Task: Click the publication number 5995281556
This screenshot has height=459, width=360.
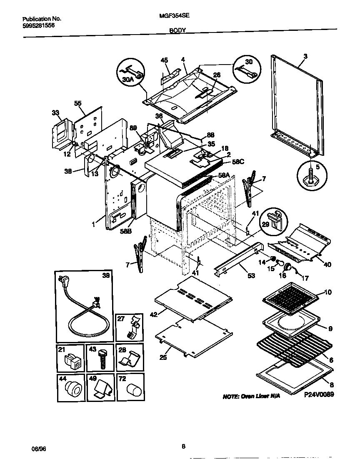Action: pyautogui.click(x=38, y=25)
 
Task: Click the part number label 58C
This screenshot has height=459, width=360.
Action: pyautogui.click(x=238, y=162)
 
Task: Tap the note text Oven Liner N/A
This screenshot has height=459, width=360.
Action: pyautogui.click(x=252, y=396)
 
